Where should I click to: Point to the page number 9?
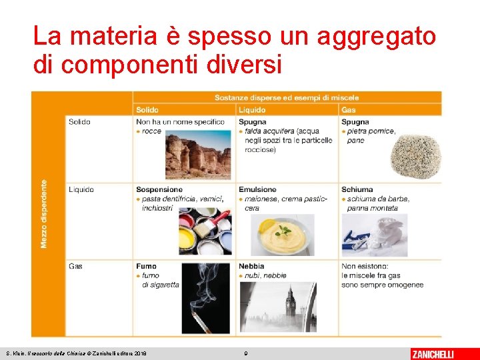coord(245,353)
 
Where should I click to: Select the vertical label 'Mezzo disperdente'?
coord(45,213)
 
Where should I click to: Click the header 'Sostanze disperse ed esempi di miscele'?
coord(287,97)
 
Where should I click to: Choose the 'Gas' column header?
coord(349,109)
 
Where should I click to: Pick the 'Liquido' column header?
coord(252,109)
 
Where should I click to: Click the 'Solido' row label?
coord(79,122)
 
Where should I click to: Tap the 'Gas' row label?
coord(75,266)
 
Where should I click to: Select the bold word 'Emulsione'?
coord(257,189)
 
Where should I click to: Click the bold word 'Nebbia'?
coord(252,266)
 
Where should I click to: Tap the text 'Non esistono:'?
coord(363,266)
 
